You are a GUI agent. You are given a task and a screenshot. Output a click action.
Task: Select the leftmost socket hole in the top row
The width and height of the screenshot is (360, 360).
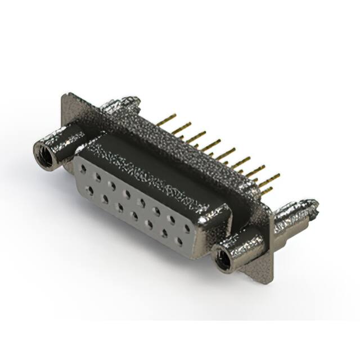84,169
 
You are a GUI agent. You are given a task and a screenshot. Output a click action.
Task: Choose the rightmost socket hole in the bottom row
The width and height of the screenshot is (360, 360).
179,241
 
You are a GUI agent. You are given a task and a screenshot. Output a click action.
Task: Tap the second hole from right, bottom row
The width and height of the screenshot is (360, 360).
164,233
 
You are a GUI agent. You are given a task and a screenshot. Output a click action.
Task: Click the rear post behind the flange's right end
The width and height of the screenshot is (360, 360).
295,213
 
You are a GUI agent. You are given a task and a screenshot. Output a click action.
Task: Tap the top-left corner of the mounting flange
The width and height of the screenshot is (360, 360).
64,96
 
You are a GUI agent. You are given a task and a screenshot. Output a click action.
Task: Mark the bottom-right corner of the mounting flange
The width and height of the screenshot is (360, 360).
269,278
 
